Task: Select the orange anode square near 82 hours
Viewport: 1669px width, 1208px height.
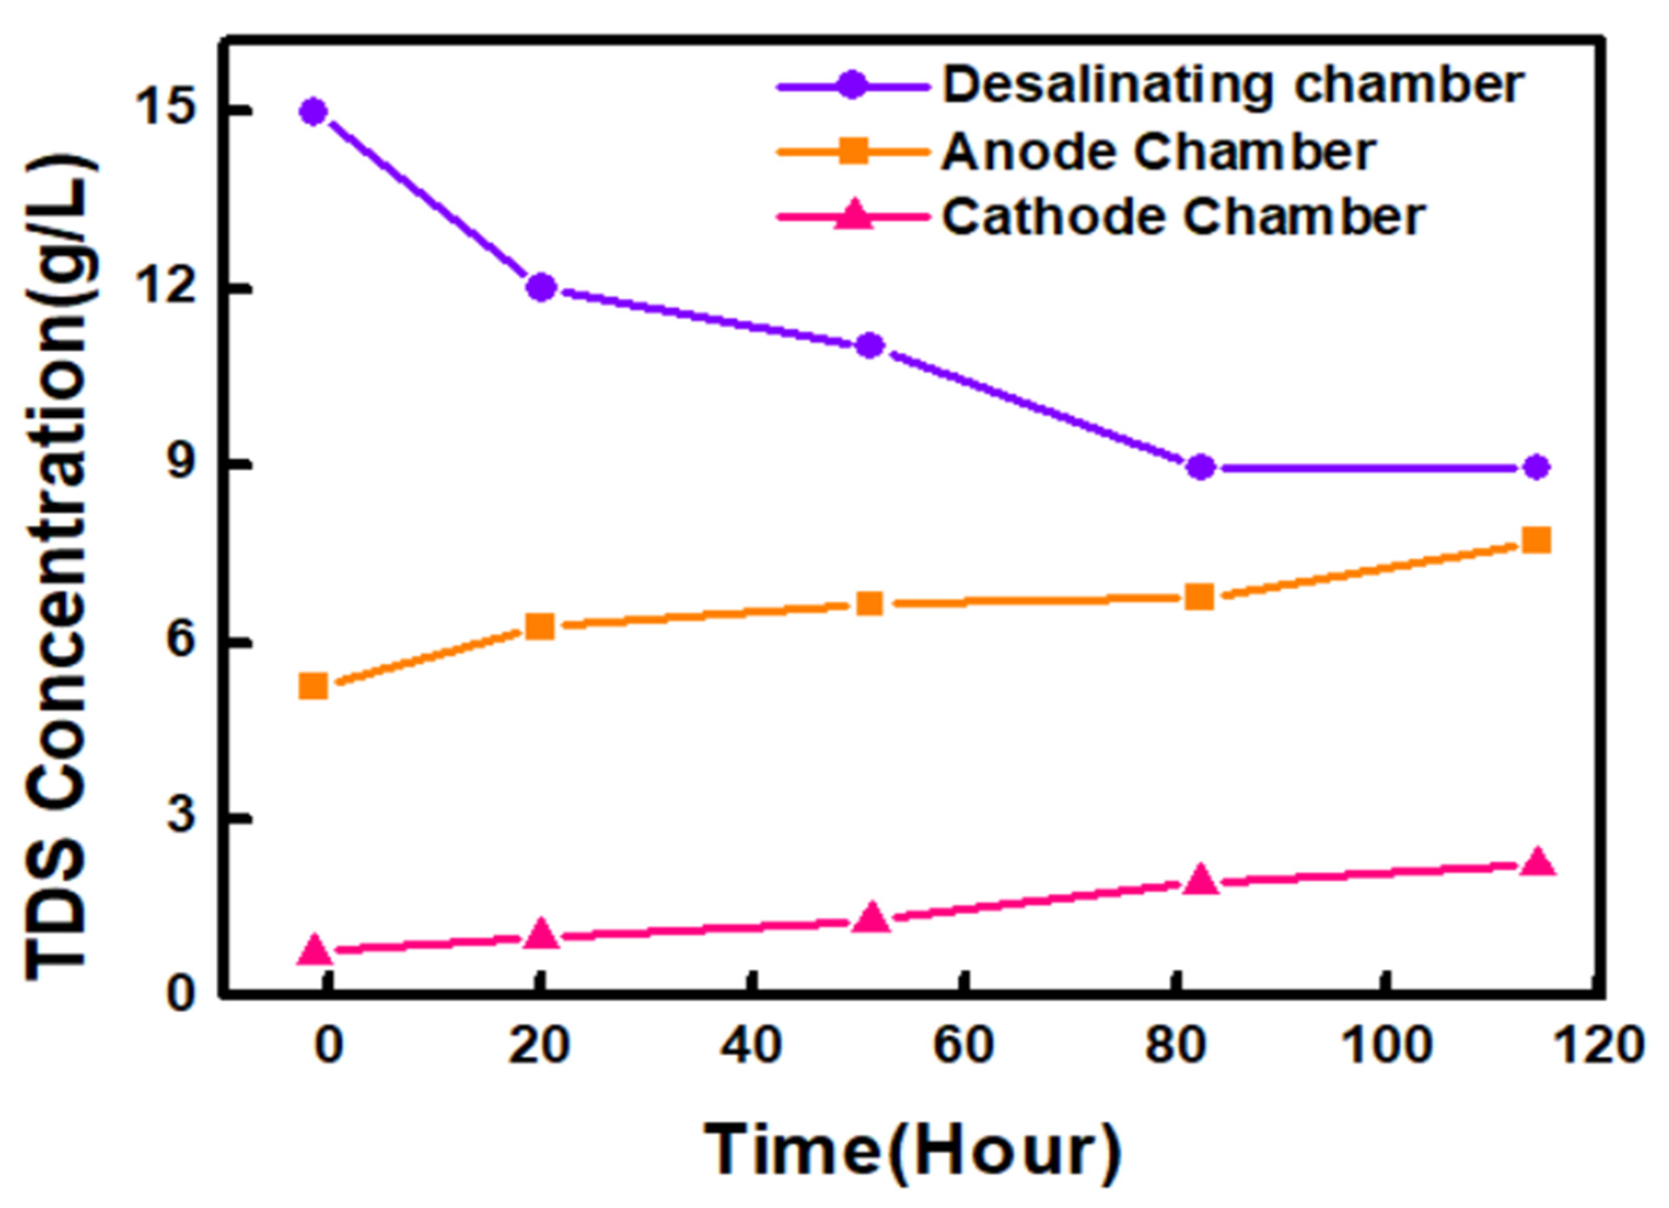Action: coord(1200,597)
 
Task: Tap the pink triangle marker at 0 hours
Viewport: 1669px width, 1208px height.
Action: coord(315,950)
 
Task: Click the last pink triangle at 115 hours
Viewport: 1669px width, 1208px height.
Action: coord(1536,862)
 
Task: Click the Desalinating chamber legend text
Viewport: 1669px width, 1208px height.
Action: coord(1233,86)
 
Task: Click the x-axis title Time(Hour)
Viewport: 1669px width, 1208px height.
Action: coord(912,1150)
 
